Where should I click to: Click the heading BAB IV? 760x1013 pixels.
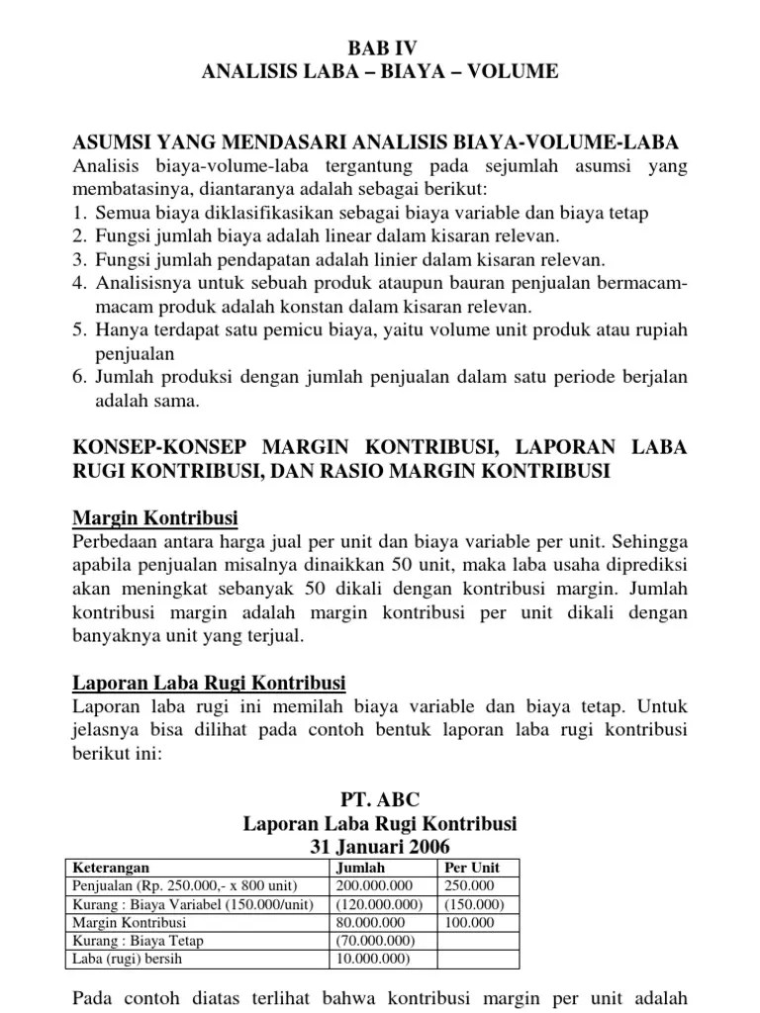tap(380, 46)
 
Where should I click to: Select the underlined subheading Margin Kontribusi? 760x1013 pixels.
tap(155, 518)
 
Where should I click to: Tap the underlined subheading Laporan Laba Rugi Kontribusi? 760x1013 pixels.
tap(210, 683)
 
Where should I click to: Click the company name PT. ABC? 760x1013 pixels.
tap(379, 799)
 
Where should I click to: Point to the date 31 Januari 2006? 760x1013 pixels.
tap(379, 847)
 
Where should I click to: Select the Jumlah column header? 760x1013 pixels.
tap(361, 867)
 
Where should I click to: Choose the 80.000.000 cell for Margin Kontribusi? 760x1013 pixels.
tap(368, 922)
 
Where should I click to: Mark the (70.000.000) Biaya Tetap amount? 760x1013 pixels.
tap(374, 941)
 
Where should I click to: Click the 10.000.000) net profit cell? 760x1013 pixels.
tap(371, 960)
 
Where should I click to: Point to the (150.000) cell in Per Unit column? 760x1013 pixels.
tap(473, 904)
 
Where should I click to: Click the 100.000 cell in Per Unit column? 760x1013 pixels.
tap(468, 922)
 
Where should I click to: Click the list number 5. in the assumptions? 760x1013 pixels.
tap(81, 330)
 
